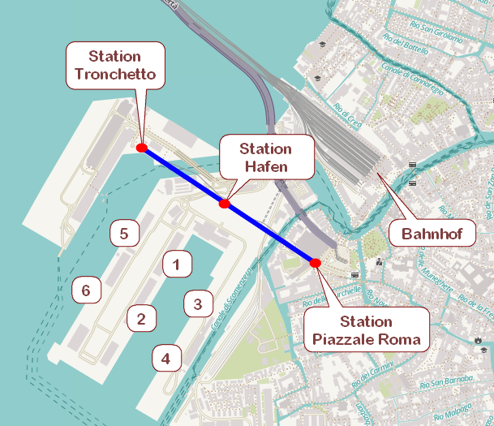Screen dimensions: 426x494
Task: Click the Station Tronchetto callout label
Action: [x=114, y=66]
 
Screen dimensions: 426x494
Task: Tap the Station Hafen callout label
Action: [x=265, y=158]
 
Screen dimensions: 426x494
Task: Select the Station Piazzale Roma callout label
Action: [x=367, y=330]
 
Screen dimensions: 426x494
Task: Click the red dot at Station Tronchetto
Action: [x=142, y=148]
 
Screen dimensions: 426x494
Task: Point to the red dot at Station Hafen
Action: [x=225, y=204]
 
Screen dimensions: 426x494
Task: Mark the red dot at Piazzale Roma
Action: [x=316, y=263]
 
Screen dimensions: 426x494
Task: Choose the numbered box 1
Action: [x=177, y=263]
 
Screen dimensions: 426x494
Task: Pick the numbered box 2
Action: [x=141, y=318]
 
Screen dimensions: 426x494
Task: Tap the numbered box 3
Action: [x=197, y=304]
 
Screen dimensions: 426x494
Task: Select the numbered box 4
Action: [x=166, y=357]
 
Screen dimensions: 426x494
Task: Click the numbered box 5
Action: [x=124, y=234]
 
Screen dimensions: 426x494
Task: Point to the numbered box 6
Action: [x=86, y=289]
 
